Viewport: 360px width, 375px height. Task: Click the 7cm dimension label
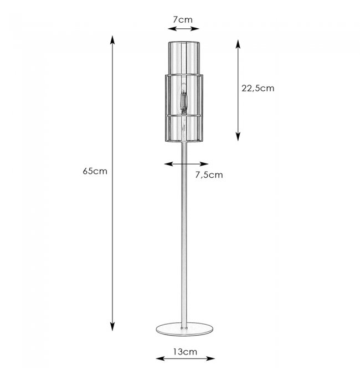(183, 19)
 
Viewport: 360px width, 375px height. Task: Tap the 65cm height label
(95, 171)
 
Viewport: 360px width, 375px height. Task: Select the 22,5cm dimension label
(258, 89)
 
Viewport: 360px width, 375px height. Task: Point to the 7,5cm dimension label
(209, 175)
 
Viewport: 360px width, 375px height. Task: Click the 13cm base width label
(185, 352)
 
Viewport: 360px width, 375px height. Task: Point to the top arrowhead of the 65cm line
(112, 40)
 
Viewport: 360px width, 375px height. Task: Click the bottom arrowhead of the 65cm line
(112, 326)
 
